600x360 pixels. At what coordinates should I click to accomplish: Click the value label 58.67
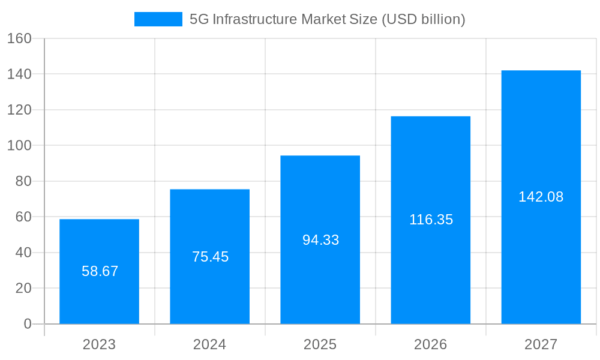(x=100, y=271)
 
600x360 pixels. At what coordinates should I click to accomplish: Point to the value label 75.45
(x=210, y=257)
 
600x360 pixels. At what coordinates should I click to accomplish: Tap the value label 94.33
(x=320, y=240)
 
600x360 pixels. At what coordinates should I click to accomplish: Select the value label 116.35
(x=431, y=220)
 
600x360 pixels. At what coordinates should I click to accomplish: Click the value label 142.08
(x=541, y=197)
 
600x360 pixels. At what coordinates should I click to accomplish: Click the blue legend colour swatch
(x=158, y=19)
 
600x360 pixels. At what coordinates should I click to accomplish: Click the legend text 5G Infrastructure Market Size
(x=327, y=19)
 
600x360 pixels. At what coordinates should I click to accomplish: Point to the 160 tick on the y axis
(x=19, y=38)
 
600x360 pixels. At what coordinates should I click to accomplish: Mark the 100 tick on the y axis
(x=19, y=145)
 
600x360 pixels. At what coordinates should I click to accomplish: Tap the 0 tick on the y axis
(x=27, y=324)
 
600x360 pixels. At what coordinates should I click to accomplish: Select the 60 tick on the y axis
(x=23, y=217)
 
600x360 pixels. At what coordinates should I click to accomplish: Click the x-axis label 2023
(x=99, y=344)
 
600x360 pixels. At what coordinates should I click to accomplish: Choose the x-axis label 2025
(x=320, y=344)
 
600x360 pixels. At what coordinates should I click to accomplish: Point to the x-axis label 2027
(x=541, y=344)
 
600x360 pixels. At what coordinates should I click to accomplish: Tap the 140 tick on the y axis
(x=19, y=74)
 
